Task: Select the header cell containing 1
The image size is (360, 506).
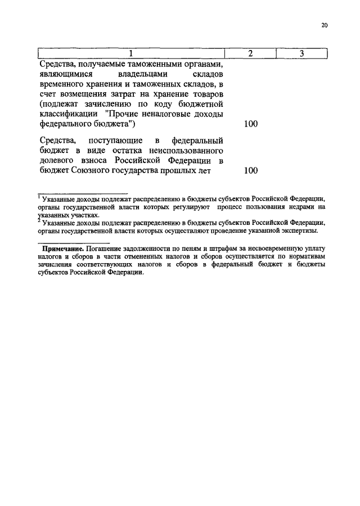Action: [130, 54]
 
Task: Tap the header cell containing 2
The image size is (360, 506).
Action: [250, 54]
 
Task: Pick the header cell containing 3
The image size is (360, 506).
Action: [301, 54]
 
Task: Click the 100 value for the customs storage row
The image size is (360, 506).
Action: [250, 124]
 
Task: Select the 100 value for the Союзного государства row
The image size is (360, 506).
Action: [250, 171]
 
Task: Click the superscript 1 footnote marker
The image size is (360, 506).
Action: [39, 196]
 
